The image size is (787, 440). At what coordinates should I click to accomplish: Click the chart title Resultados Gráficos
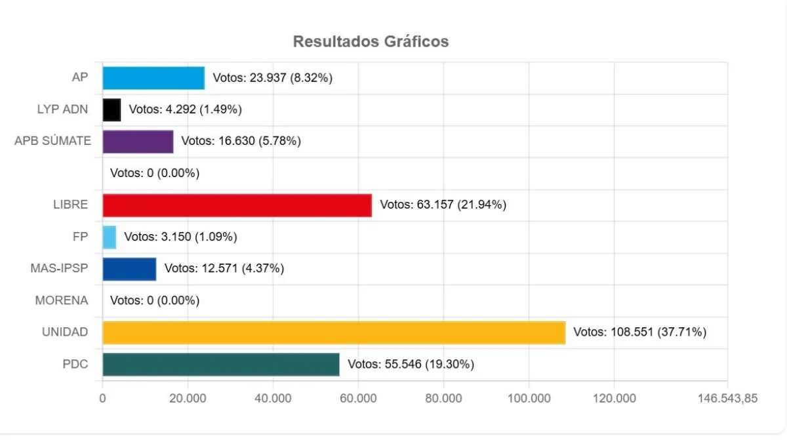pyautogui.click(x=371, y=41)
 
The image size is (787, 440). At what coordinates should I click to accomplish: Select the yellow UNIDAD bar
pyautogui.click(x=334, y=332)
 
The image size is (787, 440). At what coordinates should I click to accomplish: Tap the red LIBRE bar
pyautogui.click(x=237, y=205)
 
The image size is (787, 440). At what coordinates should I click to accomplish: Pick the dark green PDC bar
pyautogui.click(x=221, y=365)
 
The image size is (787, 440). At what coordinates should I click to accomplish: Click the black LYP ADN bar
pyautogui.click(x=111, y=110)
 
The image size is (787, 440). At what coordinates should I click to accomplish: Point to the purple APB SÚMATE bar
pyautogui.click(x=138, y=142)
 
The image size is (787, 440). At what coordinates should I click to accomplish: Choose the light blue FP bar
pyautogui.click(x=109, y=237)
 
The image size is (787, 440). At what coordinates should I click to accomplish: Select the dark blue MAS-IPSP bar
pyautogui.click(x=129, y=269)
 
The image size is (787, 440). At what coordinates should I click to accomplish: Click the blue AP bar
pyautogui.click(x=153, y=78)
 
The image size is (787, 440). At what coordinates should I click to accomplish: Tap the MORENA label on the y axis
pyautogui.click(x=62, y=300)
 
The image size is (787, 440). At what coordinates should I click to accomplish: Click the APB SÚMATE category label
pyautogui.click(x=52, y=141)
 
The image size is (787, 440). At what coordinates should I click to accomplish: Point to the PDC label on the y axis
pyautogui.click(x=75, y=365)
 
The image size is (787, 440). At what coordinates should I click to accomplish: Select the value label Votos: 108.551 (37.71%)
pyautogui.click(x=639, y=332)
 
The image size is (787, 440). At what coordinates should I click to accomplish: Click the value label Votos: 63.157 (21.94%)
pyautogui.click(x=443, y=205)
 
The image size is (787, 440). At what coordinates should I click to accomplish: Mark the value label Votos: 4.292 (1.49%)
pyautogui.click(x=185, y=110)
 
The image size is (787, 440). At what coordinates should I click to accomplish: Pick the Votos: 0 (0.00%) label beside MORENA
pyautogui.click(x=155, y=300)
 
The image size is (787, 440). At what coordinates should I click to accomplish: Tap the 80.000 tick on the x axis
pyautogui.click(x=443, y=398)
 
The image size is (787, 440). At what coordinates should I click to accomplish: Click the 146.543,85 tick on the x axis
pyautogui.click(x=727, y=398)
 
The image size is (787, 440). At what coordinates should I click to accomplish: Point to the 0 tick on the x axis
pyautogui.click(x=103, y=398)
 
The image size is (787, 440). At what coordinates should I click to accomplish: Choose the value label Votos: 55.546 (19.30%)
pyautogui.click(x=411, y=365)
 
